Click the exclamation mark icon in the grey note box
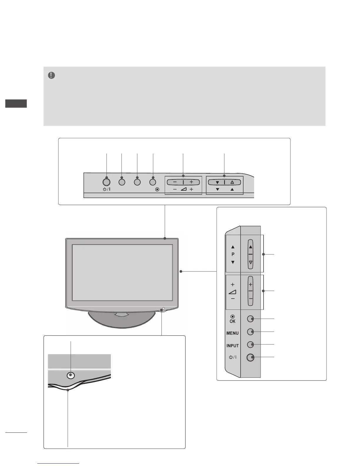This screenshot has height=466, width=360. click(x=51, y=76)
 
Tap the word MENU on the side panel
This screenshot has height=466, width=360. click(x=232, y=333)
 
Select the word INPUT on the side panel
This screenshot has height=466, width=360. click(x=232, y=346)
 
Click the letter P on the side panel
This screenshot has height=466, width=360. click(x=233, y=254)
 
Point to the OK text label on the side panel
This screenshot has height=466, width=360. click(x=232, y=321)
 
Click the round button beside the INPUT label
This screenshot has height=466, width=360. click(x=250, y=344)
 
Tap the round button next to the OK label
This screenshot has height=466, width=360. click(x=250, y=319)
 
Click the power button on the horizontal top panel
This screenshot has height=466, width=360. click(x=106, y=182)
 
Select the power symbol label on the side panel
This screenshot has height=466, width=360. click(x=232, y=357)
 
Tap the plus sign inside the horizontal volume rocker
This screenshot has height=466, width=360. click(x=191, y=182)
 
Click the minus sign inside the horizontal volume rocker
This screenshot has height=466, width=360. click(x=175, y=182)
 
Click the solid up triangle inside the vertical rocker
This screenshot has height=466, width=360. click(x=251, y=247)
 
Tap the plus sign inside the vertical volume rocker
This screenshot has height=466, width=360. click(x=251, y=285)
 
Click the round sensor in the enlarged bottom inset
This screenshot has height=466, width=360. click(x=71, y=375)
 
